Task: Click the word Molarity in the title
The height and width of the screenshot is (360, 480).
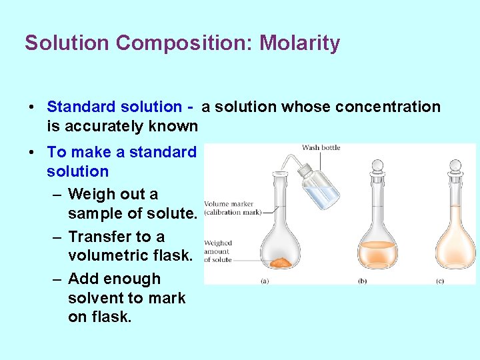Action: (299, 43)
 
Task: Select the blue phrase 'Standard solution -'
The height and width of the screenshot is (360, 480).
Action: (120, 107)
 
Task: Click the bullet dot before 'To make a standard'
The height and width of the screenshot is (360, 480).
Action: (32, 152)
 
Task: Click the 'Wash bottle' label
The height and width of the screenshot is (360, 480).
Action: (321, 147)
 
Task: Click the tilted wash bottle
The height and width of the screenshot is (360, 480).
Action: (319, 187)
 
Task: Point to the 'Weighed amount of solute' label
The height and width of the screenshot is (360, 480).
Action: (219, 251)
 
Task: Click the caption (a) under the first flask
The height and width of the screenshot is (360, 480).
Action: (264, 281)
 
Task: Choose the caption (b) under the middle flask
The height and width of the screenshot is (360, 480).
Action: (363, 281)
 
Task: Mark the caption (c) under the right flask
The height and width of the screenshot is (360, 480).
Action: (440, 281)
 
